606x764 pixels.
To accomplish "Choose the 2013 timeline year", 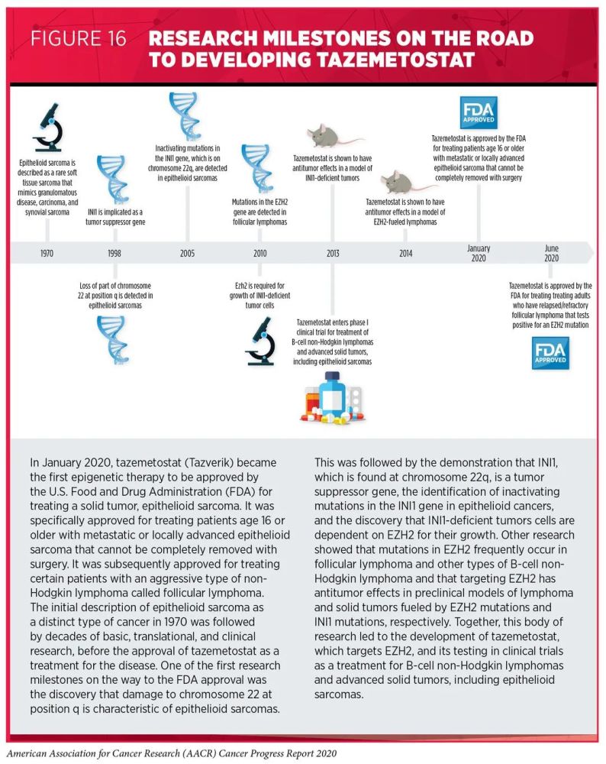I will (333, 253).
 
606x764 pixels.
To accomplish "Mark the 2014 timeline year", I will (406, 253).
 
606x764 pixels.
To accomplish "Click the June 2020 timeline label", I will (551, 253).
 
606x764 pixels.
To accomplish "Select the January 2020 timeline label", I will (479, 253).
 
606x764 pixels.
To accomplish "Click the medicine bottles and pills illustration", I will (333, 400).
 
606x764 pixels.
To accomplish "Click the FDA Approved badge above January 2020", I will (479, 112).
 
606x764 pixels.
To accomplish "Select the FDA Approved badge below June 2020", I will (550, 352).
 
